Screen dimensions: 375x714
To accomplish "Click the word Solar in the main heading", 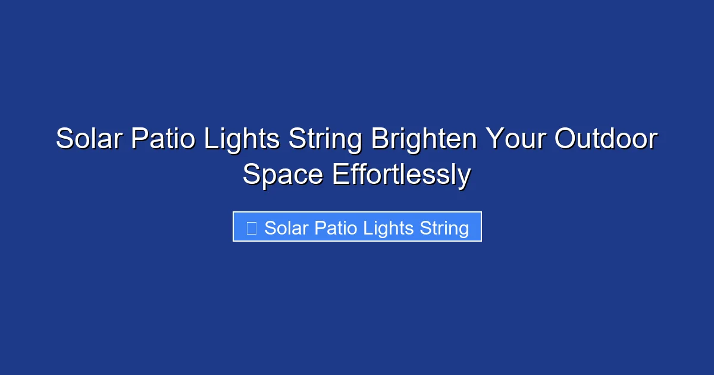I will click(89, 140).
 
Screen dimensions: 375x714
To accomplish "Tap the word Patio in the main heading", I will click(164, 140).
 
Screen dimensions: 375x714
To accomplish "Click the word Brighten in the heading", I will click(424, 140).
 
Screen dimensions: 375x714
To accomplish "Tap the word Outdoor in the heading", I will click(606, 140).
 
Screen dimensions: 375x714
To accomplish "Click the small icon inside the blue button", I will click(251, 227).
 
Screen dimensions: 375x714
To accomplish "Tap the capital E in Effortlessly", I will click(340, 175).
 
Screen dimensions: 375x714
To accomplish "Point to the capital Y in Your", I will click(494, 140).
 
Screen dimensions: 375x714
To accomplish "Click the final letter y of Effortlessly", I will click(465, 177).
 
